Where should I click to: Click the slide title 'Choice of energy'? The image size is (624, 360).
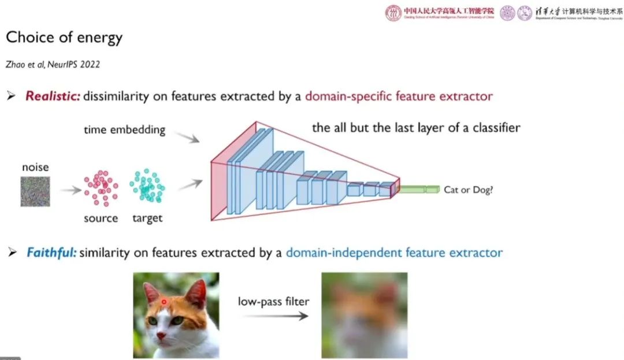pos(64,39)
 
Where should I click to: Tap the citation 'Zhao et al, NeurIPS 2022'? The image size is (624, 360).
pos(53,64)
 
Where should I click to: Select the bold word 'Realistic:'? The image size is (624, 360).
pos(52,96)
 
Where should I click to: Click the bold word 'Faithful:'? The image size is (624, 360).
pos(51,253)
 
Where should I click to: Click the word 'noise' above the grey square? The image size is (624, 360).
pos(35,168)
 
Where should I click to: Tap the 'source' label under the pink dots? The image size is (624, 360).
pos(101,218)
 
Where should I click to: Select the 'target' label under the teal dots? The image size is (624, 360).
pos(147,218)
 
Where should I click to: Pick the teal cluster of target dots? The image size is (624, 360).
pos(147,186)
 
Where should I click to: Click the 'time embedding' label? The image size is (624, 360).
pos(124,129)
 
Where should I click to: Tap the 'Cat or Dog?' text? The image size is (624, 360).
pos(468,190)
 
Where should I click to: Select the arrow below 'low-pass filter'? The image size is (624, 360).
pos(274,316)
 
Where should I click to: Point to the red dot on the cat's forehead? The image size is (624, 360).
pos(164,301)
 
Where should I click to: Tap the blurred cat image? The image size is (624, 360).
pos(364,315)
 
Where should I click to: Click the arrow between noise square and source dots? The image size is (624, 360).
pos(69,190)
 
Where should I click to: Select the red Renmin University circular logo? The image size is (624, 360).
pos(393,13)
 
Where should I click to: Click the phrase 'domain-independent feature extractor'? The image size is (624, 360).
pos(394,253)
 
